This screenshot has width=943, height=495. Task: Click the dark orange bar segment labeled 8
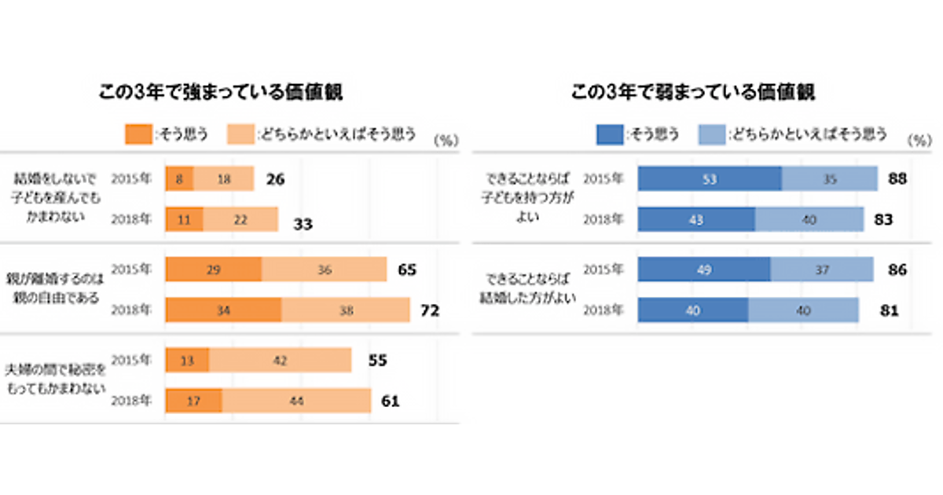[x=179, y=179]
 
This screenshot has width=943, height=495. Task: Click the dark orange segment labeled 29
[x=213, y=269]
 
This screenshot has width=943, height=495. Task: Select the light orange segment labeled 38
[x=346, y=310]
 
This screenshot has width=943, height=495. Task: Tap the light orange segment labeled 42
[x=280, y=361]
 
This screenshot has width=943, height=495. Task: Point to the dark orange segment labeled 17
[x=193, y=401]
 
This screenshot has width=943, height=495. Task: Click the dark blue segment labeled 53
[x=710, y=179]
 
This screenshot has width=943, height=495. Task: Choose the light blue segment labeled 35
[x=830, y=179]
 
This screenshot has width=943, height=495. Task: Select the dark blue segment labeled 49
[x=704, y=269]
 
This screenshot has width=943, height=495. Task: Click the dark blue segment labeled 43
[x=696, y=219]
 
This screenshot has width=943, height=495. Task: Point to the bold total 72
[x=430, y=310]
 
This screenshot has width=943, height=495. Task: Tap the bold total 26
[x=274, y=180]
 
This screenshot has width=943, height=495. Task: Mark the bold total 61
[x=391, y=401]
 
